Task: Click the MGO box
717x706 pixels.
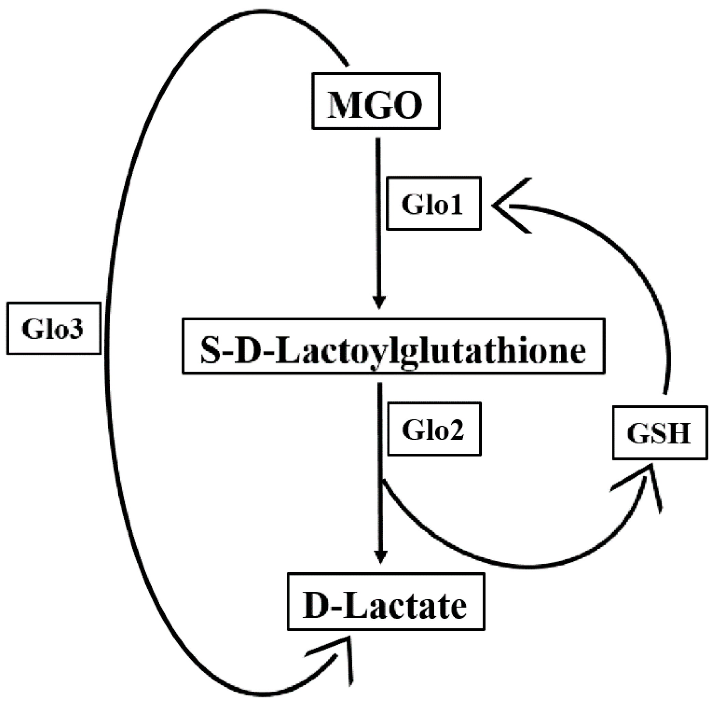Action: point(375,101)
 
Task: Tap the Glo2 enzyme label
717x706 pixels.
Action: point(434,429)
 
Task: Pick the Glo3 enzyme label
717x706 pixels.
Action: point(53,328)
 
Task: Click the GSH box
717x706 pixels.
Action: point(660,432)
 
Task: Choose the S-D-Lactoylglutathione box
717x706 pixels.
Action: point(393,346)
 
